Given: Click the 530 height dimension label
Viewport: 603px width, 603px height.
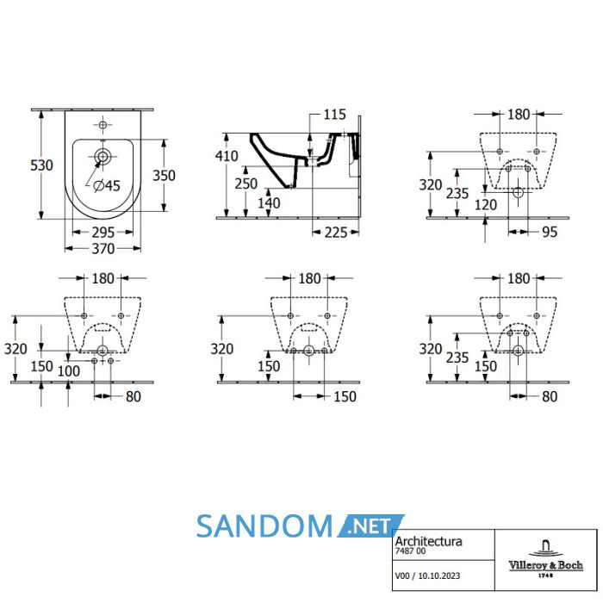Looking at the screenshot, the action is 41,165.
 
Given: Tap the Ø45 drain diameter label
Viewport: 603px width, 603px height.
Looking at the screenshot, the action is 107,186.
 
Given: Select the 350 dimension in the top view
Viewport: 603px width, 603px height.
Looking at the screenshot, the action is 165,176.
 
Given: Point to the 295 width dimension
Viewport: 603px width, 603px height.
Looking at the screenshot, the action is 103,233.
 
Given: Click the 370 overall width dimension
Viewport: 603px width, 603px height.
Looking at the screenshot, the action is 103,249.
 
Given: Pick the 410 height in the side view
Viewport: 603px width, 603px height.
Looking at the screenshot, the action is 227,156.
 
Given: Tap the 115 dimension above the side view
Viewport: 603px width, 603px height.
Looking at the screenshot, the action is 334,115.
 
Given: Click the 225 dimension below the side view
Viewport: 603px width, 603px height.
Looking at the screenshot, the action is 336,233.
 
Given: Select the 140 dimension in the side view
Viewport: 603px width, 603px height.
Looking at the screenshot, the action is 269,203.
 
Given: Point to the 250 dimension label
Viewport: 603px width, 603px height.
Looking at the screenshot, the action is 246,183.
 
